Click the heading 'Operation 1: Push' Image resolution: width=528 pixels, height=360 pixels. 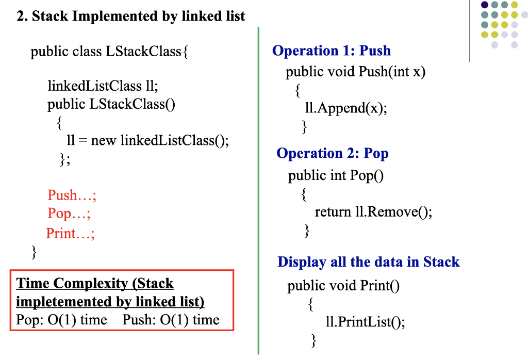[332, 51]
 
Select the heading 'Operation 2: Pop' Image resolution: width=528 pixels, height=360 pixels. [333, 153]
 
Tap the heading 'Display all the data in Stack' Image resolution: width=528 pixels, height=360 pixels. [368, 262]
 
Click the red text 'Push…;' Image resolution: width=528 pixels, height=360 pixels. [72, 195]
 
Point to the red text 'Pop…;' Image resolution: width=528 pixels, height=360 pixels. [69, 214]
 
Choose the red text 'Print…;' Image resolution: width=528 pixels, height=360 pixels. [70, 233]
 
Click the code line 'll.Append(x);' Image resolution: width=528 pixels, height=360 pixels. [346, 108]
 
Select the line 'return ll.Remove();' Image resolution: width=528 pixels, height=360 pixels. [373, 212]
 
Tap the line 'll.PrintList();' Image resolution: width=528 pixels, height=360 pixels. [366, 322]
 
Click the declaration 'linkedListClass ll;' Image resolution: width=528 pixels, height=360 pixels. [103, 86]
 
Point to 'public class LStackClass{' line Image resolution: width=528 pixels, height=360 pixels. [109, 52]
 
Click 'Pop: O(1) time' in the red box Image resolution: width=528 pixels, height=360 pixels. [62, 320]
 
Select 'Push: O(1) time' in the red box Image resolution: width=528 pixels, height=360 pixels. [171, 320]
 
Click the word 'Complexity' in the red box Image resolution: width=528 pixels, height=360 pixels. [90, 284]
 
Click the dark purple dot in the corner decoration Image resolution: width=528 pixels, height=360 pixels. [485, 5]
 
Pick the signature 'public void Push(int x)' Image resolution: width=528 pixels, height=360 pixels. [356, 72]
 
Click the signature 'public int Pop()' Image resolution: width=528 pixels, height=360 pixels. [336, 175]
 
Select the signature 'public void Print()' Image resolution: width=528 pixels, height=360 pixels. [343, 286]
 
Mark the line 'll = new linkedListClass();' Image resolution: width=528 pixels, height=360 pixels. [148, 140]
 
